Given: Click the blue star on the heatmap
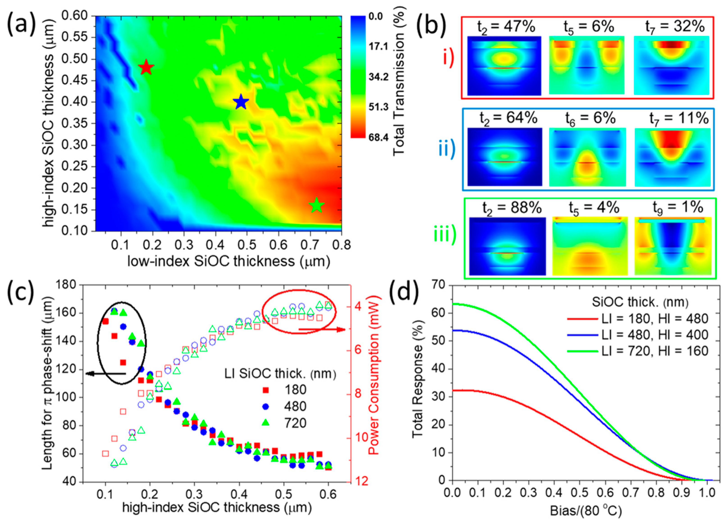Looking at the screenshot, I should [x=241, y=102].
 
